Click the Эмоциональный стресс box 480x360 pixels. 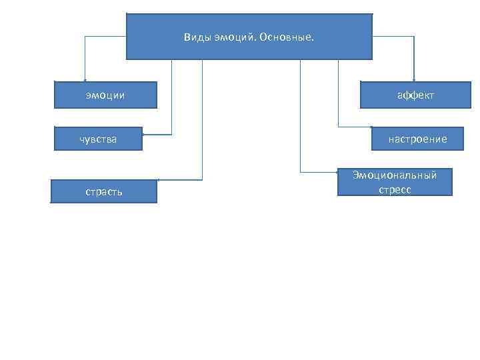(395, 182)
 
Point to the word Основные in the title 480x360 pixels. (290, 37)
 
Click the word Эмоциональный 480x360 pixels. (395, 175)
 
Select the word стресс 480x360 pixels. (395, 189)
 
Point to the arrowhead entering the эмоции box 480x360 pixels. (85, 80)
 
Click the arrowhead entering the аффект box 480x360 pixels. (414, 80)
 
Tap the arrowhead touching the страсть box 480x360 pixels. (159, 180)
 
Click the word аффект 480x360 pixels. (415, 95)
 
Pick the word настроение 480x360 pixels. (418, 139)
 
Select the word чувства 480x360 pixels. (98, 139)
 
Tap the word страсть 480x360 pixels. (103, 192)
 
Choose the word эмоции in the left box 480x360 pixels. (105, 95)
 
